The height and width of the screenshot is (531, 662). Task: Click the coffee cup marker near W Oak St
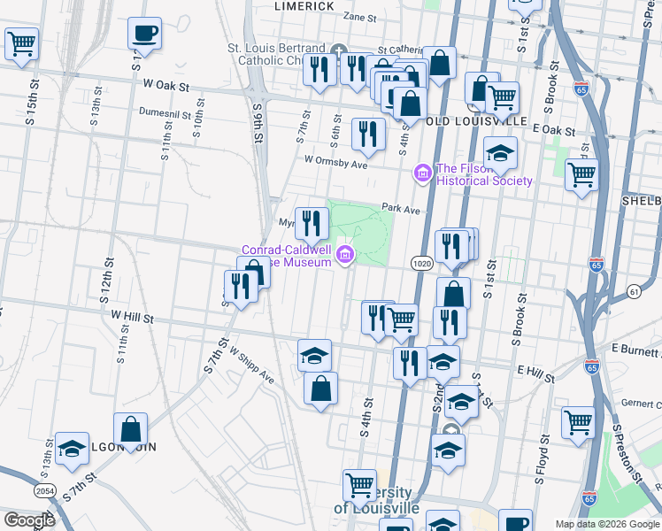(x=144, y=35)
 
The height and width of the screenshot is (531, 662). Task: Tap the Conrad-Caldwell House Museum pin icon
(x=345, y=257)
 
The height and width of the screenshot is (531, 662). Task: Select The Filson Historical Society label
(x=484, y=175)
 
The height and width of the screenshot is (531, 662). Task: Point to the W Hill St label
(x=133, y=316)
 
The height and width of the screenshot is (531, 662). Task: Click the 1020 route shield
(x=421, y=263)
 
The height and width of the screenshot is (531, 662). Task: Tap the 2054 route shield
(x=45, y=490)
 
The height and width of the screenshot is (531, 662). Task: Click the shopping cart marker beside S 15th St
(x=21, y=42)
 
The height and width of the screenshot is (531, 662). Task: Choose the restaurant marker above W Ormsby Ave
(x=367, y=135)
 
